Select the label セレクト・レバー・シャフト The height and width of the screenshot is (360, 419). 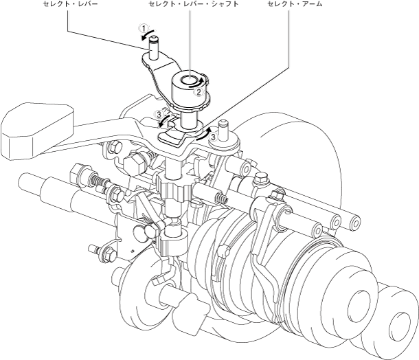[x=190, y=4]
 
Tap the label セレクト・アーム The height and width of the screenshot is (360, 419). [x=294, y=4]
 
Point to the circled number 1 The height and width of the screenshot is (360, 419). [x=143, y=29]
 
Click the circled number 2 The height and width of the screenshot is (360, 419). [x=198, y=90]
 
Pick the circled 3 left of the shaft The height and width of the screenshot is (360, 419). [x=159, y=113]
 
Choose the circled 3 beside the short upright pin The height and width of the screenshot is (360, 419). [x=214, y=137]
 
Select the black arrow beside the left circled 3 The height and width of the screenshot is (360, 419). [x=164, y=122]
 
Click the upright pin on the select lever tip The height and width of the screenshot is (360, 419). [x=155, y=45]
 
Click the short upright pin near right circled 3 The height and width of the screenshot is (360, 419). [x=223, y=129]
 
